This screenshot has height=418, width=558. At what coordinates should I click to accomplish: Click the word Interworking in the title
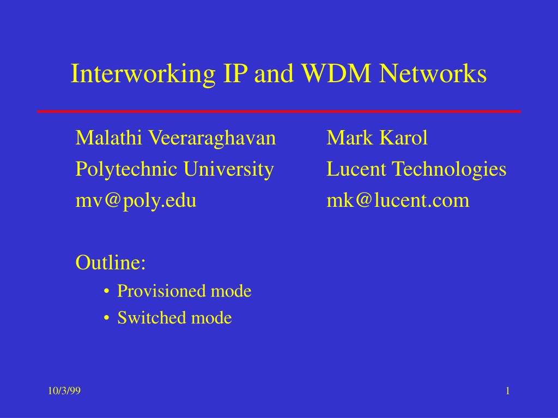[143, 74]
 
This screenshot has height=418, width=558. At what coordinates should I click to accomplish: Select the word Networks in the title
[433, 73]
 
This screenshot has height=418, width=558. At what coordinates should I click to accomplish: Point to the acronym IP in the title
[235, 73]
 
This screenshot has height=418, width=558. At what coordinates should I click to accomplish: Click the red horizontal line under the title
[279, 111]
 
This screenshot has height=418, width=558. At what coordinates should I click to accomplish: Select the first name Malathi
[108, 138]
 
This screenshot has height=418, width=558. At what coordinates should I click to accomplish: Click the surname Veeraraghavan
[212, 139]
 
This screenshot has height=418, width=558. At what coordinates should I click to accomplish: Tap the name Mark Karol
[377, 138]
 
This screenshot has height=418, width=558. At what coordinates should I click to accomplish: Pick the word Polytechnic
[126, 170]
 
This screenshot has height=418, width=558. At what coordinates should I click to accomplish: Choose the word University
[228, 170]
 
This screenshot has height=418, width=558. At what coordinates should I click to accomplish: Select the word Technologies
[449, 170]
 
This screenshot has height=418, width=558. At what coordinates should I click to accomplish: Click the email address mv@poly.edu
[136, 201]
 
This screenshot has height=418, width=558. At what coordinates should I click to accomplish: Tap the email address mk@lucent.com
[398, 200]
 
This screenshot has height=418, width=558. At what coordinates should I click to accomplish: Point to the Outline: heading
[111, 263]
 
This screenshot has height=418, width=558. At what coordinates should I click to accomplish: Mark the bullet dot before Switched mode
[106, 318]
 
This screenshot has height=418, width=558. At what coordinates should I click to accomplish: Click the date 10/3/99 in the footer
[64, 391]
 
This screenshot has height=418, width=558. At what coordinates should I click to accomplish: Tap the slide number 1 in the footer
[508, 391]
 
